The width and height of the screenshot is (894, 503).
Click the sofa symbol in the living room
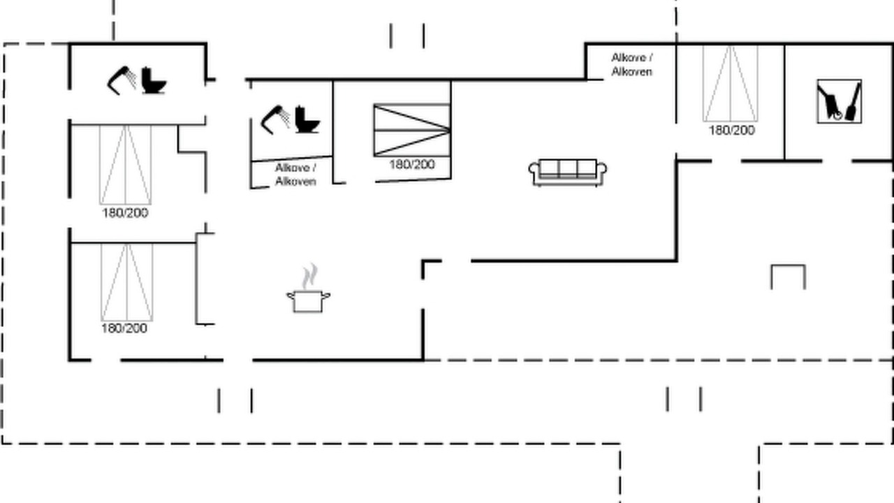[568, 173]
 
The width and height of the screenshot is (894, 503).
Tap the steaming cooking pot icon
[308, 289]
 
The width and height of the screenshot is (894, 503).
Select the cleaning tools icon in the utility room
[839, 101]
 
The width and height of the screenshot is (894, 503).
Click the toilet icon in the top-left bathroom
[154, 80]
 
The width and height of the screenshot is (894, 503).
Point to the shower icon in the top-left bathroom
[122, 80]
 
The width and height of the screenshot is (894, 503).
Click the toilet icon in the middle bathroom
[307, 119]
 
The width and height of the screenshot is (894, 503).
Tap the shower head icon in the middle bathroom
[275, 119]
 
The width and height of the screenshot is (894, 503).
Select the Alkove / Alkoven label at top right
[632, 65]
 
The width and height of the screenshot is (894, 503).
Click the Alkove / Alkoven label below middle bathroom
[295, 175]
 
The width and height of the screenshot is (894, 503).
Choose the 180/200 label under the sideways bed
[412, 164]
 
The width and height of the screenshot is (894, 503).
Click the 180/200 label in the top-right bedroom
[731, 131]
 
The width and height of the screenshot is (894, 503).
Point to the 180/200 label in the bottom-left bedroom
[124, 328]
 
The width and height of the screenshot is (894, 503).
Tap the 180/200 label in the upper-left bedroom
[125, 213]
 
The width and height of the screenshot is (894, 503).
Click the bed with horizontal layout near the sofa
[412, 130]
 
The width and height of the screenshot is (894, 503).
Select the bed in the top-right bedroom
[731, 83]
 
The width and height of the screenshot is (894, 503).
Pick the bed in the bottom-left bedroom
[127, 282]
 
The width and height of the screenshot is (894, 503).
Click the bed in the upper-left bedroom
[125, 165]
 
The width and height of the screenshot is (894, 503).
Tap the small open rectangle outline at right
[789, 265]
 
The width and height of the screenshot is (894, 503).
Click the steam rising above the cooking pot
[309, 276]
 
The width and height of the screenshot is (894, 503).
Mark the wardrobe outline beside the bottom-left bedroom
[196, 279]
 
